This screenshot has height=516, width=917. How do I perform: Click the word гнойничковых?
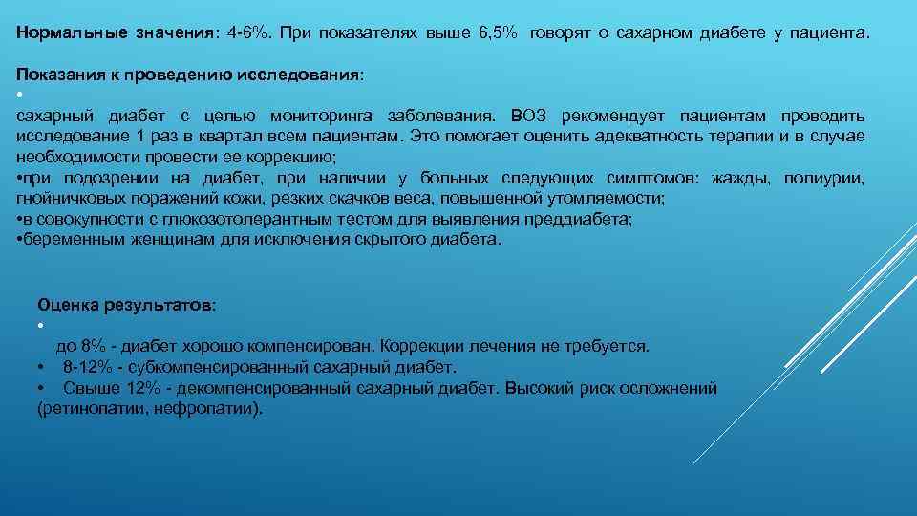coord(67,199)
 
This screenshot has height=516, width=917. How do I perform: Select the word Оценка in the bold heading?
coord(67,304)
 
